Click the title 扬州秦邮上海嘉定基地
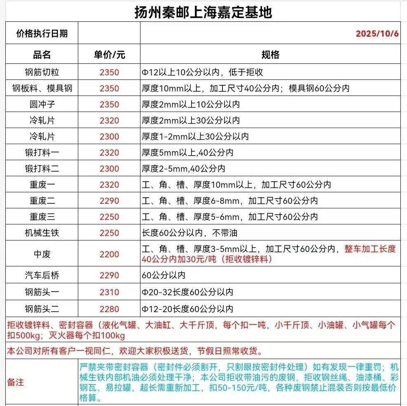tap(203, 12)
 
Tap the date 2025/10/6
tap(377, 34)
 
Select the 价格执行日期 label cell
tap(42, 34)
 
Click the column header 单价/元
tap(109, 55)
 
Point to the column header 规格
tap(270, 55)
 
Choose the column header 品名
tap(42, 55)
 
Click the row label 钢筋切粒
tap(42, 72)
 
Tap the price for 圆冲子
tap(109, 105)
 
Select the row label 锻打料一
tap(42, 153)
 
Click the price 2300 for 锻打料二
tap(109, 169)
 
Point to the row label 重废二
tap(42, 201)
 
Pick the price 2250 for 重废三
tap(109, 217)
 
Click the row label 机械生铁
tap(42, 233)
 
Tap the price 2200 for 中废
tap(109, 254)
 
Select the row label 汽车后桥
tap(42, 275)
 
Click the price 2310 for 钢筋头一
tap(109, 292)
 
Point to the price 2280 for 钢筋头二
tap(109, 309)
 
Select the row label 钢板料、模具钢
tap(42, 89)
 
